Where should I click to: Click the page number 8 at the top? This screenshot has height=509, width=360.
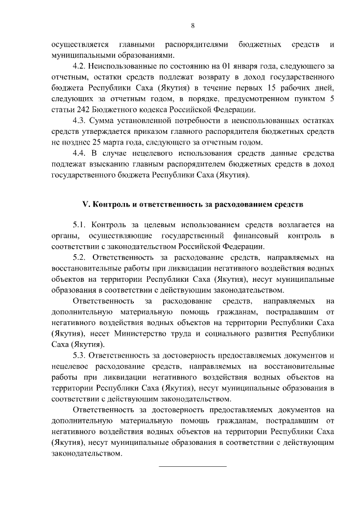tap(192, 25)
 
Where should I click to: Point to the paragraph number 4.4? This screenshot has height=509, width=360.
tap(79, 153)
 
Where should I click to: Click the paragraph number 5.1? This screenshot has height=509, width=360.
tap(79, 225)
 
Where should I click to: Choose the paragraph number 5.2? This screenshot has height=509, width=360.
tap(79, 258)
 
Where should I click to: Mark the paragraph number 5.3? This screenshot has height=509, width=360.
tap(79, 356)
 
